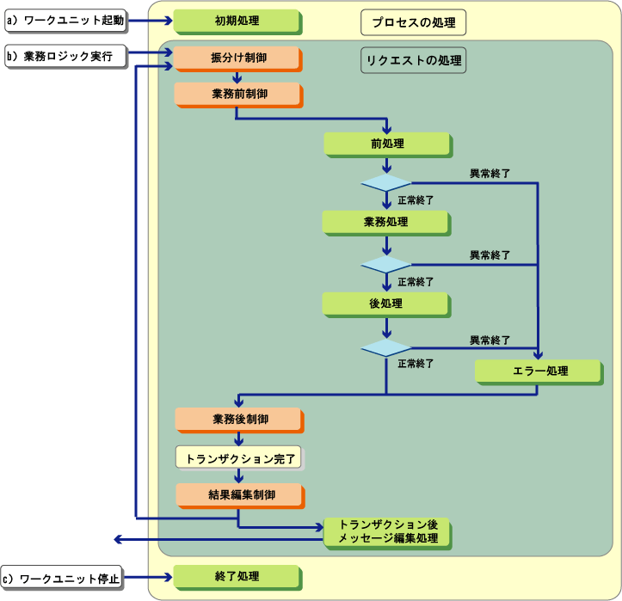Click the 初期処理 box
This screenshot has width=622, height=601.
(237, 19)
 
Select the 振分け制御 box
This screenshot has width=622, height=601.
(237, 58)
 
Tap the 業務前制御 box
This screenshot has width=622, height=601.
(237, 93)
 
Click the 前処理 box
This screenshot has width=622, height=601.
(387, 143)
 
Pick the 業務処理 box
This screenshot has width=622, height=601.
(385, 222)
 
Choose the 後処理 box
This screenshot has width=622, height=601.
(385, 303)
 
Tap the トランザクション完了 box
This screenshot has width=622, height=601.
(240, 457)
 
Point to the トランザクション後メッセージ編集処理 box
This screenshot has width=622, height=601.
(387, 531)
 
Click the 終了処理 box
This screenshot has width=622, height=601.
(237, 576)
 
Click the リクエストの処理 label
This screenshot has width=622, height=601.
(414, 60)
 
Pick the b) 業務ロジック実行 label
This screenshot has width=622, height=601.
(65, 56)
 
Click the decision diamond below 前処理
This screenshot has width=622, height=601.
(386, 183)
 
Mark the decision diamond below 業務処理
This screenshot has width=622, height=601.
(386, 264)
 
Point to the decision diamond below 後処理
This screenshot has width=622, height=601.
(386, 346)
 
